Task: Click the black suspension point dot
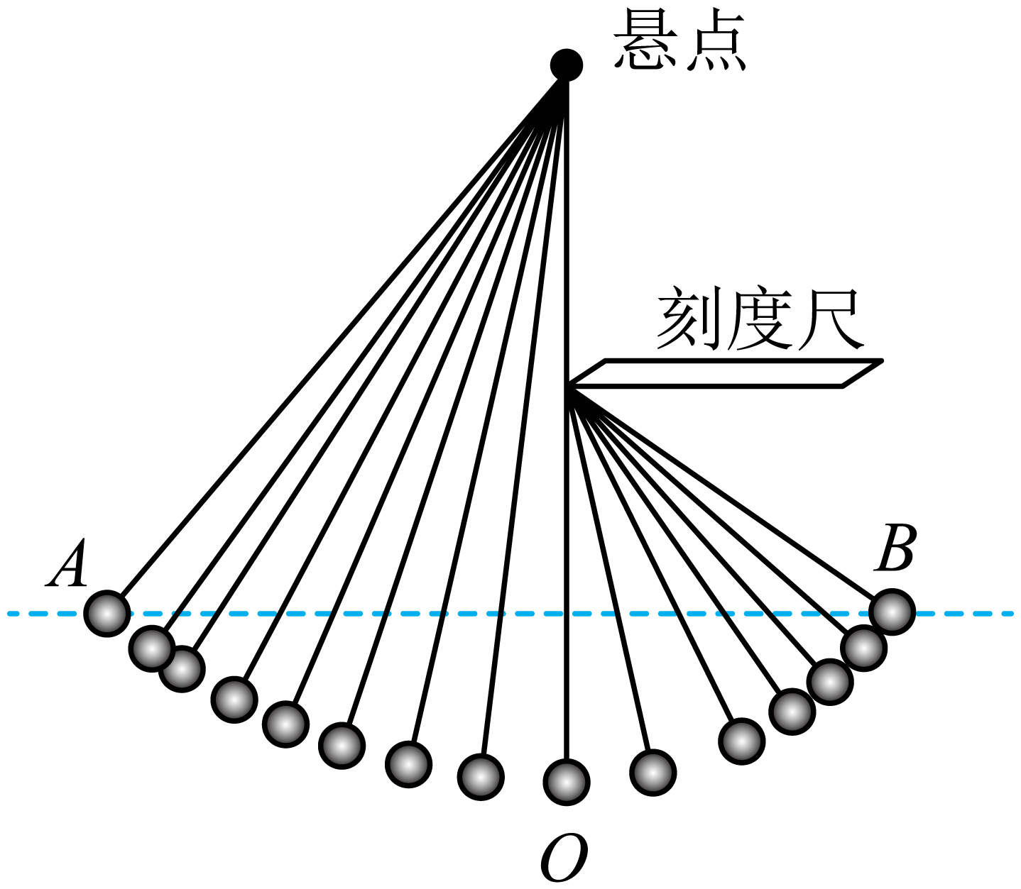click(567, 65)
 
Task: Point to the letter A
click(67, 565)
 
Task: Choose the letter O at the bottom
click(564, 856)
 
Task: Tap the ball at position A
click(107, 613)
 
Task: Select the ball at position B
click(892, 612)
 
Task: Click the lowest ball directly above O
click(566, 781)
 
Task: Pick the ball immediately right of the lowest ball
click(653, 773)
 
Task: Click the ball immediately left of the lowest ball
click(481, 777)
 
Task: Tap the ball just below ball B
click(863, 647)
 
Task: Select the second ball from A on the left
click(152, 648)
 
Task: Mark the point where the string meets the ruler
click(568, 387)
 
